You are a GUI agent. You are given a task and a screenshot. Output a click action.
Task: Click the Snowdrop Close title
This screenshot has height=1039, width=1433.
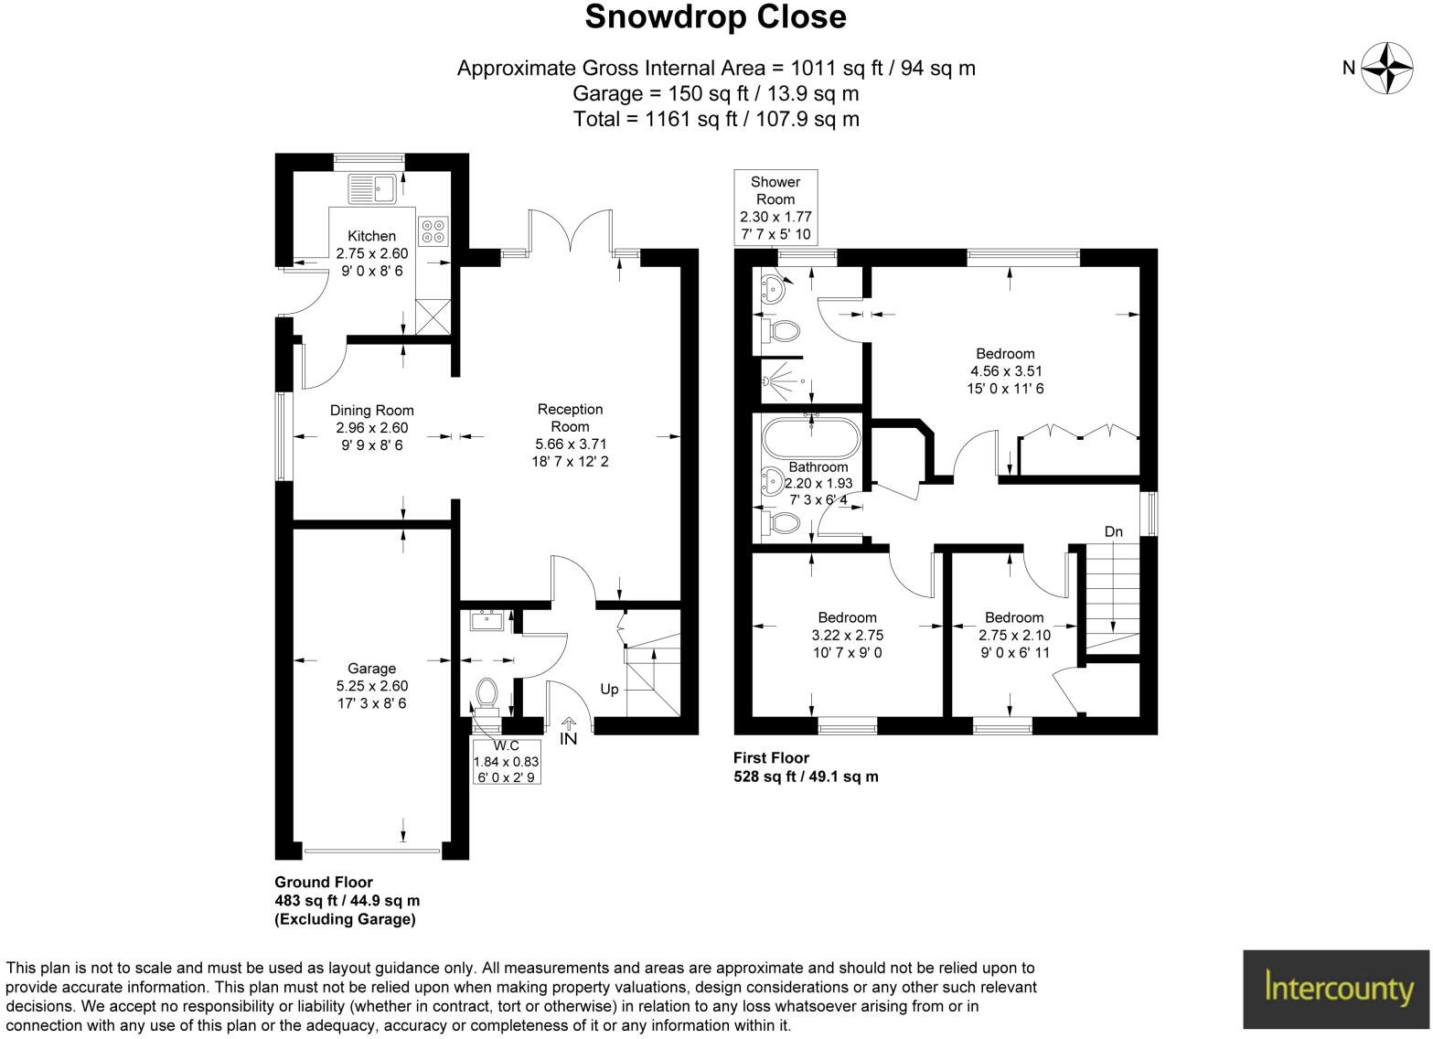[715, 17]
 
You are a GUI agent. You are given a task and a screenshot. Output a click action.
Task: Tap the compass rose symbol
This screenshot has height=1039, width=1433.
[1387, 68]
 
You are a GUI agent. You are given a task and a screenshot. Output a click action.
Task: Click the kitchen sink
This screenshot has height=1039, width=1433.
[370, 188]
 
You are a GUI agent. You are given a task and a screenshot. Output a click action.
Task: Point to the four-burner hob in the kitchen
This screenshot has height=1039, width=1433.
[433, 230]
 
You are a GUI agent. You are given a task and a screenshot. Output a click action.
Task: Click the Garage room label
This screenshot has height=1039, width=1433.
[371, 669]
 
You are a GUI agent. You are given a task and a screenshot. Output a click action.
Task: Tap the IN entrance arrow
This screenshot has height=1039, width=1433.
[569, 730]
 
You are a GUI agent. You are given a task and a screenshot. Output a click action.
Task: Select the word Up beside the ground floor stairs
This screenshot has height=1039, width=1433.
[609, 689]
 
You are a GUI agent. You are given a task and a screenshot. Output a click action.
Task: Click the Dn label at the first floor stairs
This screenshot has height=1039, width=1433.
[1113, 531]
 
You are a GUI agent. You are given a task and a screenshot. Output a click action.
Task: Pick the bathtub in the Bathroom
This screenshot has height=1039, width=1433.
[810, 437]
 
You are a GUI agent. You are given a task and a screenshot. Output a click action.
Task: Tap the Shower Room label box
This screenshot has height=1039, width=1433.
[775, 208]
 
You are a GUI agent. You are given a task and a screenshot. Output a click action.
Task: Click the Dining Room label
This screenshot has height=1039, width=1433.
[371, 411]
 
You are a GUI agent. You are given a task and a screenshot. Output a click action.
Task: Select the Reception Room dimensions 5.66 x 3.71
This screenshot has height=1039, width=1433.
[570, 445]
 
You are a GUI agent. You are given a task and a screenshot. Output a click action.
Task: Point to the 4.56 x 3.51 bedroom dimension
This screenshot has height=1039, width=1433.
[1006, 371]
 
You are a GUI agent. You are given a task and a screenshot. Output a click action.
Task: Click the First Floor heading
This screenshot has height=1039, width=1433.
[771, 757]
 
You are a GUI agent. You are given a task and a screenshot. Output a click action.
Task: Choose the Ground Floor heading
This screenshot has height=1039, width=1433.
[324, 883]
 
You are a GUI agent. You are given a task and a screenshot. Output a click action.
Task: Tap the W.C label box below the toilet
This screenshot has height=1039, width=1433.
[506, 761]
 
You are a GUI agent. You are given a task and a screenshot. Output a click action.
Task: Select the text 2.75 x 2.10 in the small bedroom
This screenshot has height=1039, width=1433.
[1014, 636]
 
